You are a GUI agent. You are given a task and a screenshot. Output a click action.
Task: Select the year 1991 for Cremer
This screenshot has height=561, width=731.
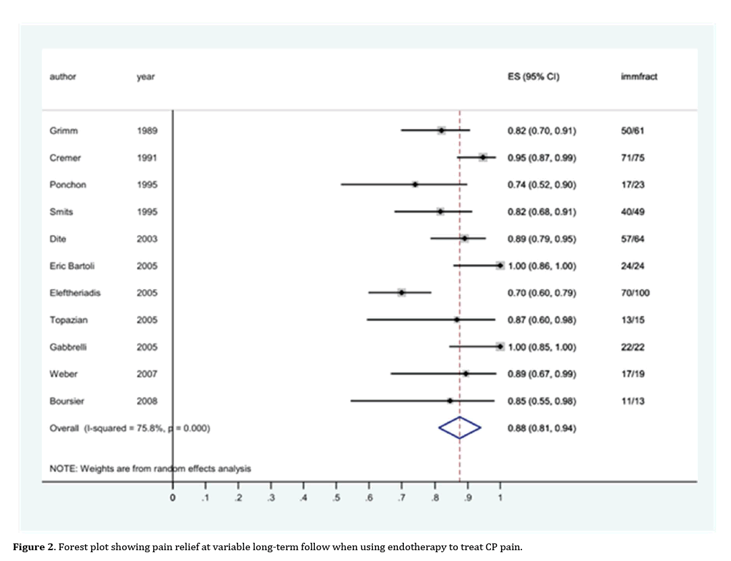coord(147,157)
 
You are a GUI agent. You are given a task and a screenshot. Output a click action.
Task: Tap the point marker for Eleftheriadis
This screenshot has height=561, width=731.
coord(401,292)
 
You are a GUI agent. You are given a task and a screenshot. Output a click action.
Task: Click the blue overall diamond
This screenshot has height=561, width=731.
coord(459,427)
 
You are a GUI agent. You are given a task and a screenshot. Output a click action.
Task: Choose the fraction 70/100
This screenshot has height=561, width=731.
coord(635,292)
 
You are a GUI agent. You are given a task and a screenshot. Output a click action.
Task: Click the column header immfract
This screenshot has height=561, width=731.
coord(638,76)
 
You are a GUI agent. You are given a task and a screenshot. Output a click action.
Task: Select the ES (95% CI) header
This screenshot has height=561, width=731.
coord(533,76)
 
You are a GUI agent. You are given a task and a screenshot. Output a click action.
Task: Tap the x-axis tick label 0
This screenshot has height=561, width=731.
coord(173,498)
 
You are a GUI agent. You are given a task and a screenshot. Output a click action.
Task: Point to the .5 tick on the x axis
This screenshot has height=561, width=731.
coord(336,498)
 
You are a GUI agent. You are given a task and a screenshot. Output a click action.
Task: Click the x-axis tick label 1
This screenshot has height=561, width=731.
coord(500,498)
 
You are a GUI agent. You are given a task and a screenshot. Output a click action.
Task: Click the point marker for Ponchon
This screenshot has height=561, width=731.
coord(415,184)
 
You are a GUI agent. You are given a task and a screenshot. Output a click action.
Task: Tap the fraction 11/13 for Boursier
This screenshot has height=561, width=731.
coord(633,400)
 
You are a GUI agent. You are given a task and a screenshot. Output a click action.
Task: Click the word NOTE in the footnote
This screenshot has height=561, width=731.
coord(63,468)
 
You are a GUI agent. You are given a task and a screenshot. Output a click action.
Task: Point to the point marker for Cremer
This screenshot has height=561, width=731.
coord(483,157)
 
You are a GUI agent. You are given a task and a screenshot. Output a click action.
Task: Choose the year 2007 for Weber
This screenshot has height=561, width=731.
coord(147,373)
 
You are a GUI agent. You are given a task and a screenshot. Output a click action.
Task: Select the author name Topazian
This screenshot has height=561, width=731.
coord(69,319)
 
